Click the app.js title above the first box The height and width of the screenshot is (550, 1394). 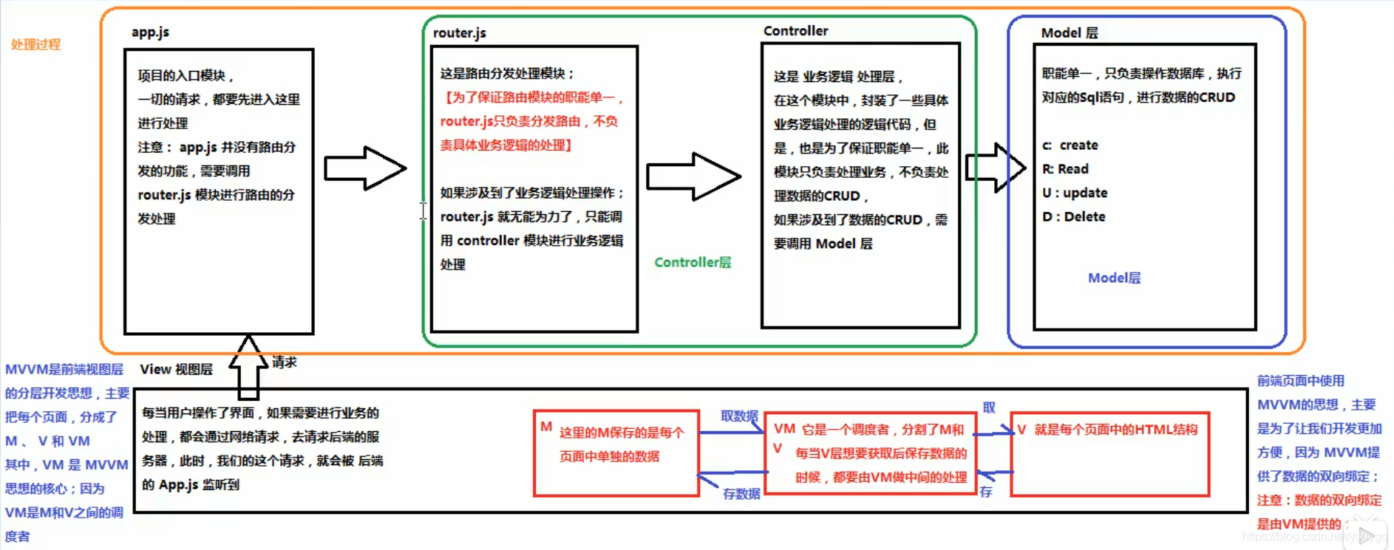point(150,32)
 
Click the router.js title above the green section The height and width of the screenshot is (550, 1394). point(459,33)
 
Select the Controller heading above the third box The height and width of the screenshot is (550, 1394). point(795,31)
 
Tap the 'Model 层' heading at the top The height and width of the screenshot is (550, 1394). point(1069,33)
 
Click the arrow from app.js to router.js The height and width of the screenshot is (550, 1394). point(365,168)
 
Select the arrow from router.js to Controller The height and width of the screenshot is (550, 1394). point(693,176)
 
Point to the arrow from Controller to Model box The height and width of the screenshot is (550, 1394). point(995,168)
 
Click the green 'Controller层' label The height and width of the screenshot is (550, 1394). point(693,262)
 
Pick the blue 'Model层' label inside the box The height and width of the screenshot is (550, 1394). point(1114,278)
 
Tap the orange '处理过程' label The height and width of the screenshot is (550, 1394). point(35,44)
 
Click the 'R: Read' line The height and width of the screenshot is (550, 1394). point(1065,169)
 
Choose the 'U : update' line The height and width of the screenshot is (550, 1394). point(1075,193)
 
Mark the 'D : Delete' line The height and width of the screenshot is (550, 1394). point(1074,217)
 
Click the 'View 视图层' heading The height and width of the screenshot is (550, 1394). point(176,369)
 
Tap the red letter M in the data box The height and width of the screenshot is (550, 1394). point(546,427)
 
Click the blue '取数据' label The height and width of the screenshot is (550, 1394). point(739,416)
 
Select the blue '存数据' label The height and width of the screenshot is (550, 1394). point(741,494)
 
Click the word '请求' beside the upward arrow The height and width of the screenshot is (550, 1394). point(285,362)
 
